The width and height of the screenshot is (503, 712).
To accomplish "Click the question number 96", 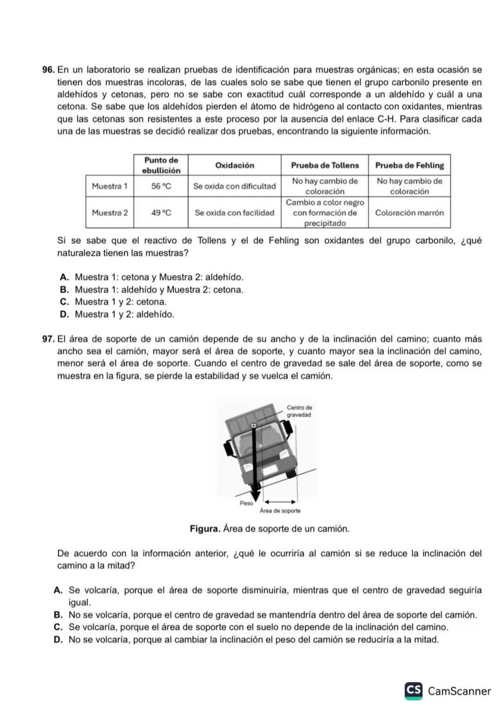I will pos(48,70).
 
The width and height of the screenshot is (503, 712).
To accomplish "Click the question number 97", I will pos(48,339).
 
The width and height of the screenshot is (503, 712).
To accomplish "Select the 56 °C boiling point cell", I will pos(161,186).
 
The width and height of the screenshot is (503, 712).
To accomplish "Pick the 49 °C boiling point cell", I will pos(161,213).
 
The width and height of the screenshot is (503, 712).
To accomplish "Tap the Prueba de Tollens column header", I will pos(325,165).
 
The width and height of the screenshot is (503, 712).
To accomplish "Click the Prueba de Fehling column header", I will pos(409,165).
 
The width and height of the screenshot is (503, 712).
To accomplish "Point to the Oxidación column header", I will pos(234,165).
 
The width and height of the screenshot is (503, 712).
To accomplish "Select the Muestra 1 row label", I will pos(109,186).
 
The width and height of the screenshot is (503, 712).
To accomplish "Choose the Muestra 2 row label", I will pos(109,213).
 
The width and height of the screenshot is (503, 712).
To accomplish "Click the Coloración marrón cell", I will pos(409,213).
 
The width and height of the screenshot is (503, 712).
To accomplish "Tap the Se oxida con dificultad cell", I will pos(234,186).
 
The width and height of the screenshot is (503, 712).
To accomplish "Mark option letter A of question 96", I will pos(65,278).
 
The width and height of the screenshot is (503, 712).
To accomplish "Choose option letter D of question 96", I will pos(65,315).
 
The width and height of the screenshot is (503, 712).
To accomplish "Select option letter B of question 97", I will pos(58,615).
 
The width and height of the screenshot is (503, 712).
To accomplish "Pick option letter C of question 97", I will pos(58,627).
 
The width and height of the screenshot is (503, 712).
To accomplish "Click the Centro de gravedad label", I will pos(299,411).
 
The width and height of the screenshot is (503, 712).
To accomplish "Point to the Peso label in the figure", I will pos(246,503).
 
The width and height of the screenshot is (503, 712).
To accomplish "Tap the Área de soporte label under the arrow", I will pos(280,511).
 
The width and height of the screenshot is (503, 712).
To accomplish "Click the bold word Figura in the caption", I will pos(205,529).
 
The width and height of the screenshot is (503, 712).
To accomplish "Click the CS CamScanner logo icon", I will pos(414,691).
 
